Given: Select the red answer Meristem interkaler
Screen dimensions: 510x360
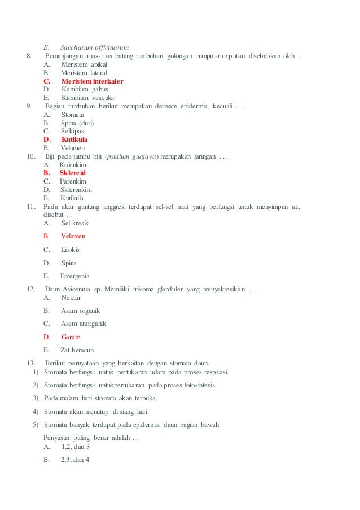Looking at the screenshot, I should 92,81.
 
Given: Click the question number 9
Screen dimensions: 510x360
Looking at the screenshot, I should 29,106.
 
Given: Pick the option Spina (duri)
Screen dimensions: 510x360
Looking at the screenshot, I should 77,123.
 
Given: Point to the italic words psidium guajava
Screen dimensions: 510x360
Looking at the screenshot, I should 133,156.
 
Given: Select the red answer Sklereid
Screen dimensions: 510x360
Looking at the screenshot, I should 73,173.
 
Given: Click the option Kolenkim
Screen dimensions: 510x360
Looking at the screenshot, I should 73,164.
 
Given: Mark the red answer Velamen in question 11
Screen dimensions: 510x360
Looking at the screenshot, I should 73,236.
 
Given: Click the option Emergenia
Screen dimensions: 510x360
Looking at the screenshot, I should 74,276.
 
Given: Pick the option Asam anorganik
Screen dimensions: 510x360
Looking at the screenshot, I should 84,324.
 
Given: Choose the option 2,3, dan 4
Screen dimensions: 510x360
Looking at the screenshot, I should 75,460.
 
